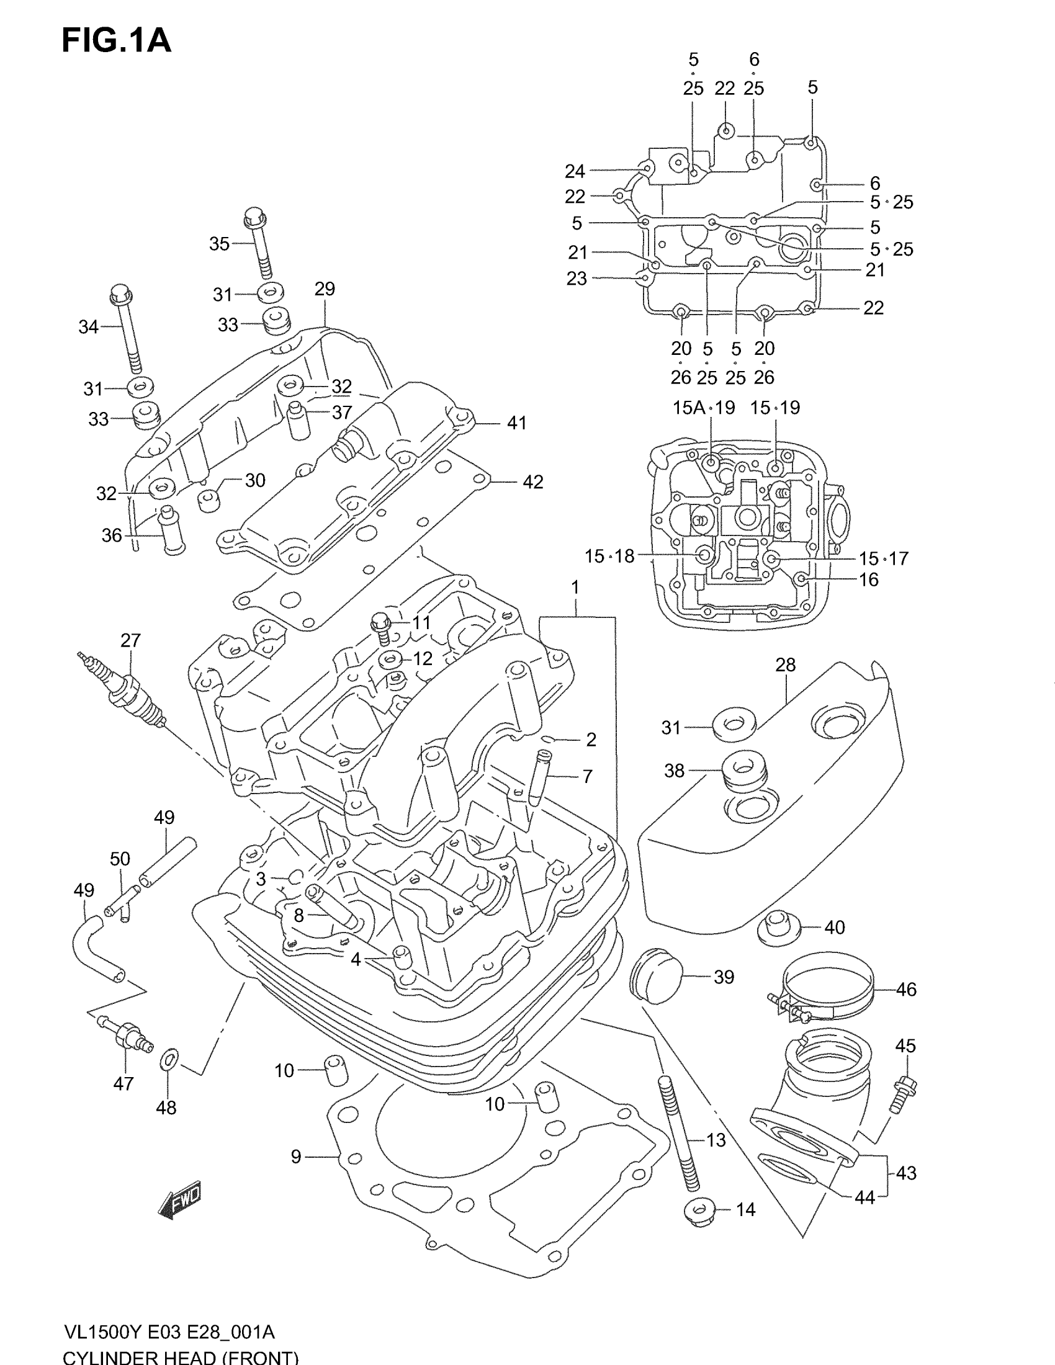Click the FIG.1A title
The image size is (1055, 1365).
pos(116,41)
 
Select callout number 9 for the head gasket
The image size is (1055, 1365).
pos(296,1157)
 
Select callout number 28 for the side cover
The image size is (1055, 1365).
pos(785,665)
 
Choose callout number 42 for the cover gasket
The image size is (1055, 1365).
pos(532,482)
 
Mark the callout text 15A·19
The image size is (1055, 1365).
pos(703,408)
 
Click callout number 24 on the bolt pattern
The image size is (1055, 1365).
pos(575,171)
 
